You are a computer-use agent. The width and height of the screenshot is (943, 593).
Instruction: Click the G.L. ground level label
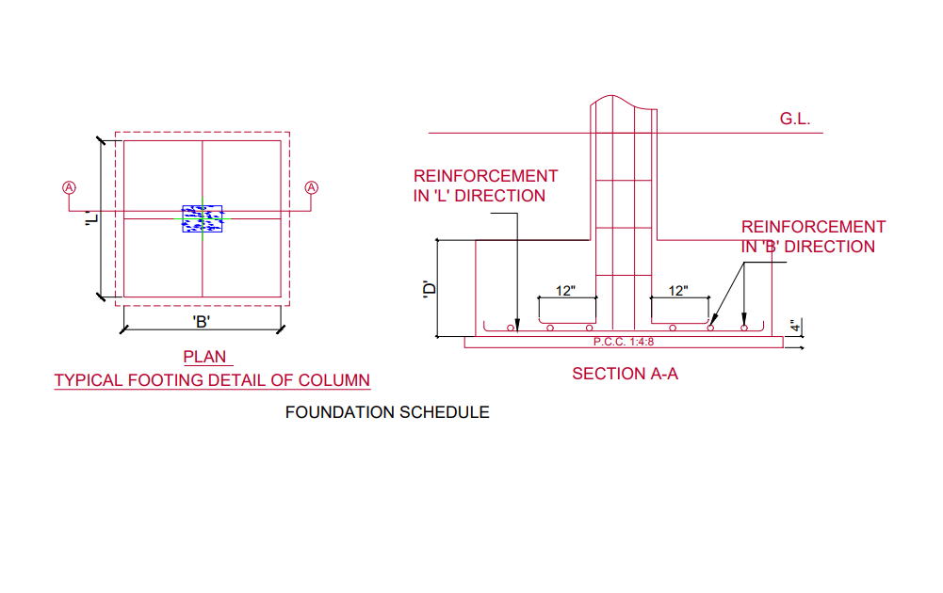coord(795,120)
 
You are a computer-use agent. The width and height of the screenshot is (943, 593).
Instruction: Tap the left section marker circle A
coord(69,187)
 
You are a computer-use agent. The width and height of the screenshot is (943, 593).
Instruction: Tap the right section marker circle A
coord(312,187)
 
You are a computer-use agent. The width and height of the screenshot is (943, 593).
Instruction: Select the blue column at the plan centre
coord(203,218)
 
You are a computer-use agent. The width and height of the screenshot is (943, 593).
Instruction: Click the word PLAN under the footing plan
coord(206,358)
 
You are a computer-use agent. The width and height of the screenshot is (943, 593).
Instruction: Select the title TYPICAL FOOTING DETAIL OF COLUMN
coord(212,380)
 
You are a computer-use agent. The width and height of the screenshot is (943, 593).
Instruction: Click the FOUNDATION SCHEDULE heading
coord(387,412)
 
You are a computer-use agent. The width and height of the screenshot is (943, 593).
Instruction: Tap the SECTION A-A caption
coord(625,374)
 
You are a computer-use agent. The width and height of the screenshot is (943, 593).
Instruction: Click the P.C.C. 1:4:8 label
coord(623,342)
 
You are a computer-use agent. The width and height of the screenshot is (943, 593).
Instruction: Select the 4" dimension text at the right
coord(795,327)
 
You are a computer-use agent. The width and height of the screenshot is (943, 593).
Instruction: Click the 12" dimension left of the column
coord(565,291)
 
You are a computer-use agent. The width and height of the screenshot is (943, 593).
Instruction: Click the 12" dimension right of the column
coord(678,291)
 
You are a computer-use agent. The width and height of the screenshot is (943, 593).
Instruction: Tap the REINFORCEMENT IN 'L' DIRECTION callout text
coord(485,186)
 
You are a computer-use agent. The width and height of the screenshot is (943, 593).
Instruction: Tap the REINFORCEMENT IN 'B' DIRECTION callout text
coord(813,236)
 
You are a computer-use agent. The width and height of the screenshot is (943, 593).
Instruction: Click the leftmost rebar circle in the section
coord(510,329)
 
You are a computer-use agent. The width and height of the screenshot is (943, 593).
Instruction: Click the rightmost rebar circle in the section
coord(744,329)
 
